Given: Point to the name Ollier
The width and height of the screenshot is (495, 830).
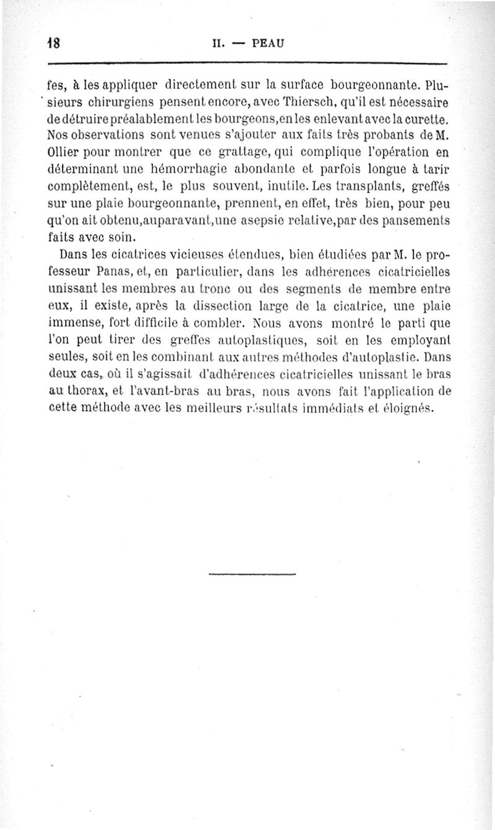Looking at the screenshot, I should tap(64, 152).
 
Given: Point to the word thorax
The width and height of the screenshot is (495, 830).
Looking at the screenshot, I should tap(87, 390).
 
